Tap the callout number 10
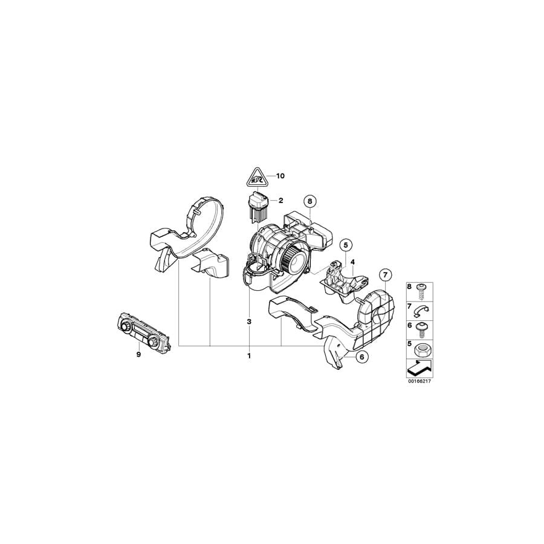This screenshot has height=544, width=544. tap(280, 176)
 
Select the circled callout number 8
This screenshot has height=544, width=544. tap(310, 201)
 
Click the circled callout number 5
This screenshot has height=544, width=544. tap(345, 245)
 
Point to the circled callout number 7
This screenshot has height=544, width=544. tap(385, 275)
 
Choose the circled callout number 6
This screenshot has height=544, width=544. tap(361, 357)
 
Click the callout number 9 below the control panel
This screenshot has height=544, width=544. tap(138, 354)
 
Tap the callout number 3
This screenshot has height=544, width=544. tap(248, 322)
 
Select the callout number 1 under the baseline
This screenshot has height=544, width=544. tap(248, 355)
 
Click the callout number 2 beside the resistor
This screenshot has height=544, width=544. tap(280, 200)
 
